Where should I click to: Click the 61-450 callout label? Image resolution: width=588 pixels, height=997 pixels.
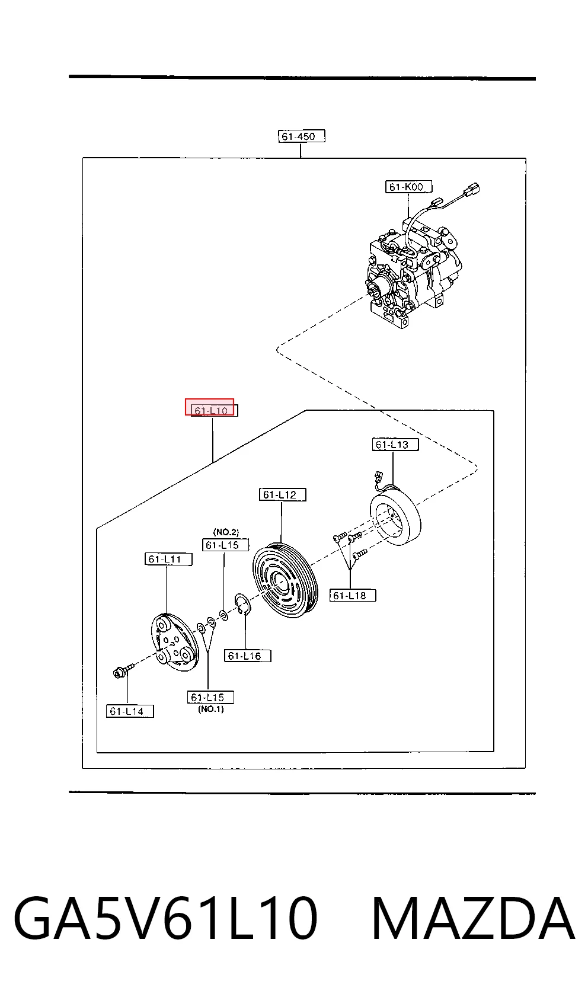[301, 136]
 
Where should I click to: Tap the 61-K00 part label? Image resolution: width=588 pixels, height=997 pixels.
[408, 187]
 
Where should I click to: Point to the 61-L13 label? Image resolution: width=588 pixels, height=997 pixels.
[395, 445]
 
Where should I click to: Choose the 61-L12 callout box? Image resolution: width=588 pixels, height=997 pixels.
[283, 494]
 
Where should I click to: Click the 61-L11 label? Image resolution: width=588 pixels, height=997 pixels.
[168, 559]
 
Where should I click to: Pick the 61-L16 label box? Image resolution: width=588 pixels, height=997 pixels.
[248, 656]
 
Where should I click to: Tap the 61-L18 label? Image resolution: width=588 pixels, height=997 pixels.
[353, 596]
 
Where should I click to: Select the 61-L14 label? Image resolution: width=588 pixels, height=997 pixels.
[130, 711]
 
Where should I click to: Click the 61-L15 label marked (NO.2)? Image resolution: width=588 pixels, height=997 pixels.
[225, 545]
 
